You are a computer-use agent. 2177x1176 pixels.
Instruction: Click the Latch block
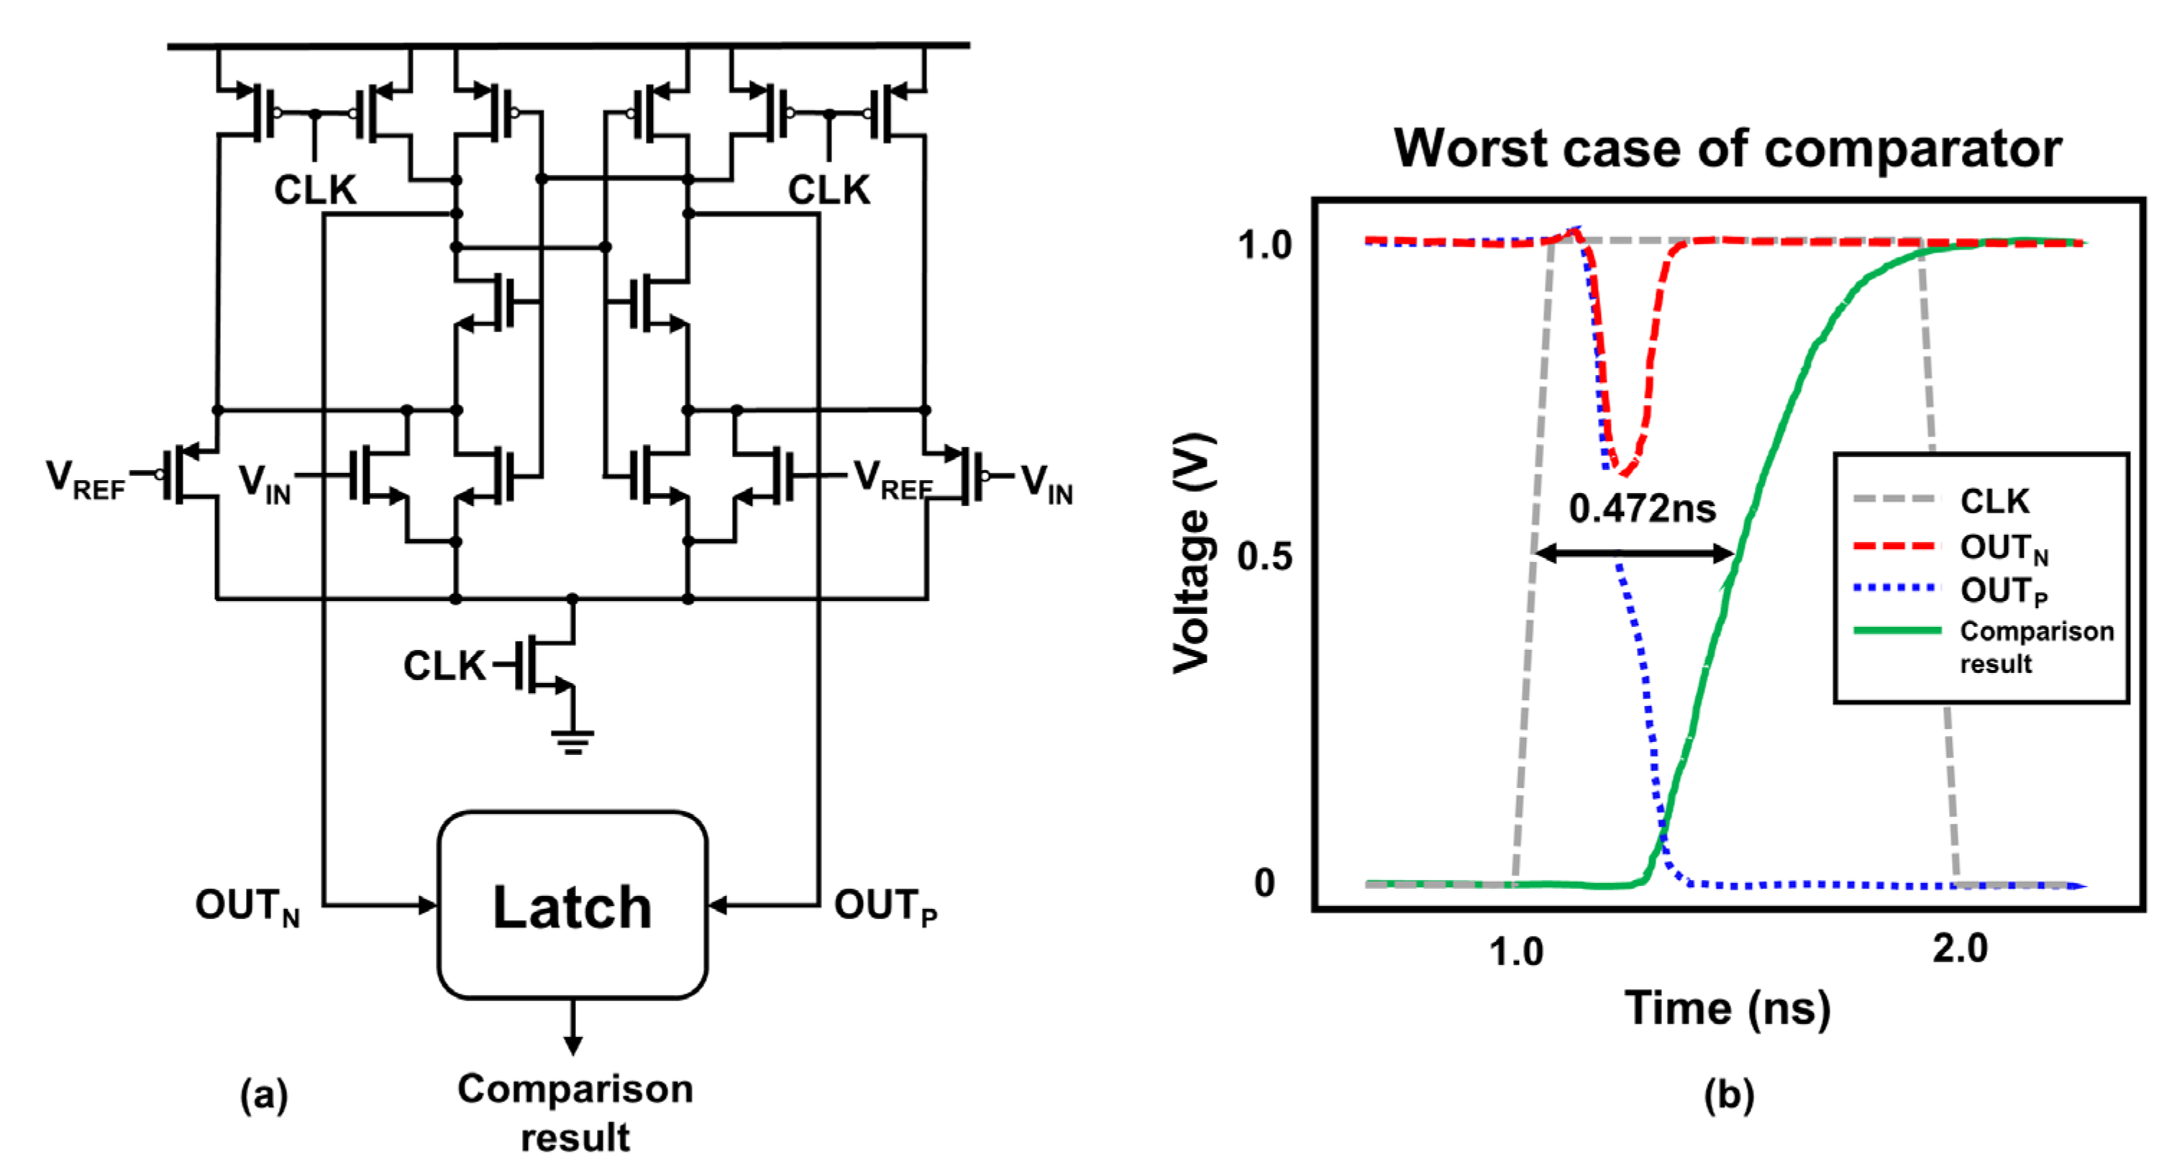point(572,905)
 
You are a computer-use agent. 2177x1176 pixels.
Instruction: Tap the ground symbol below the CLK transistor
point(572,741)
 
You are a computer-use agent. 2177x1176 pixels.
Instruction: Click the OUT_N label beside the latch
point(247,906)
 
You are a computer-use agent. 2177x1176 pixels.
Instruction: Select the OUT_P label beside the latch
point(885,906)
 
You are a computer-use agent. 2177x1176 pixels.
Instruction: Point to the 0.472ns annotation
point(1641,509)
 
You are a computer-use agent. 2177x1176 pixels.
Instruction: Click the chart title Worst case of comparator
point(1727,149)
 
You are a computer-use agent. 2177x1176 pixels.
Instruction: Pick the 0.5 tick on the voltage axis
point(1264,556)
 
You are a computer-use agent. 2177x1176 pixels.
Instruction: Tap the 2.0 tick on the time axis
point(1959,949)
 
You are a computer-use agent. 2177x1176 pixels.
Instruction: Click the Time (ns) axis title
point(1727,1008)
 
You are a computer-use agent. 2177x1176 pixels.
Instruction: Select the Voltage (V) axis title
point(1192,553)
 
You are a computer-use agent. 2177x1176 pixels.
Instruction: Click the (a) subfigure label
point(264,1095)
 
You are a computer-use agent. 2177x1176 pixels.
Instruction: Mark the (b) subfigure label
point(1728,1095)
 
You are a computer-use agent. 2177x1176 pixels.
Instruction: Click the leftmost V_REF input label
point(85,479)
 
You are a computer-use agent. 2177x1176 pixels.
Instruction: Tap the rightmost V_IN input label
point(1046,483)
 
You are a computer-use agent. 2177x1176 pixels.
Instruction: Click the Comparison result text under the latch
point(575,1112)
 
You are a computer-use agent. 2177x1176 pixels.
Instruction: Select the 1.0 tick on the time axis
point(1515,952)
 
